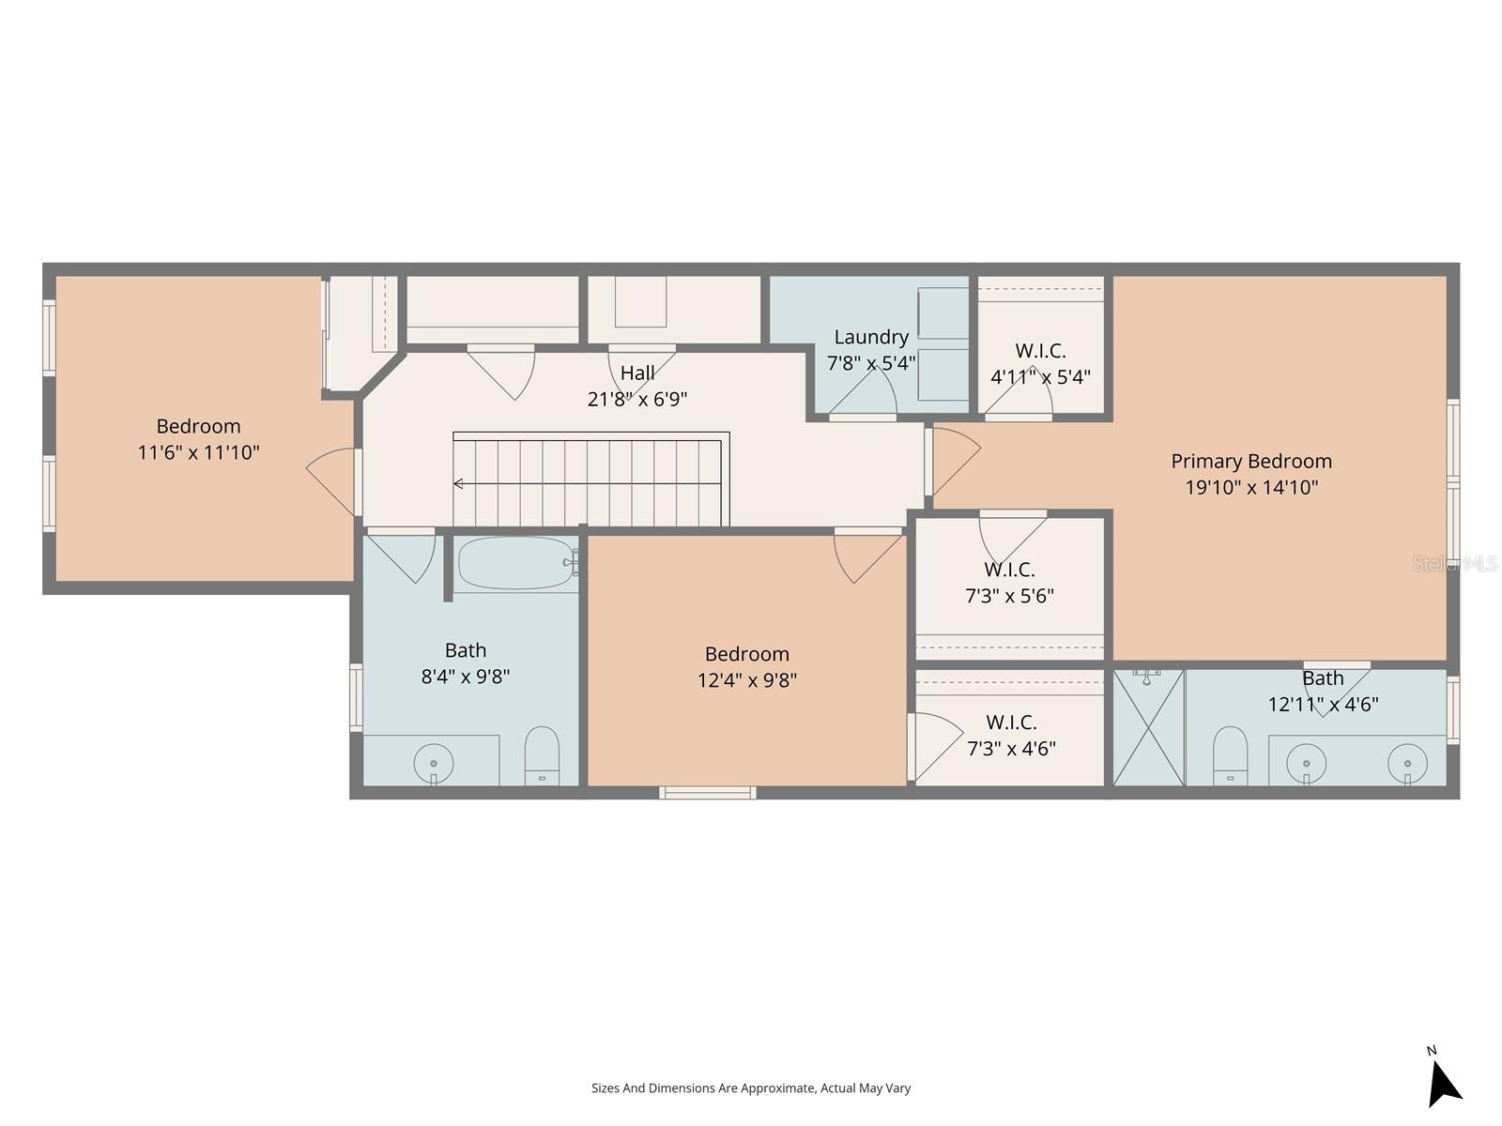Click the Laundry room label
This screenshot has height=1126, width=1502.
click(871, 337)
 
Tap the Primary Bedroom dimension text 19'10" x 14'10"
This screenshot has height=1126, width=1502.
click(1251, 487)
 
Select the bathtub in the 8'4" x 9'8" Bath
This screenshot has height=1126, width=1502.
click(515, 563)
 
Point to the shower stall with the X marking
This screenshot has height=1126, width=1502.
click(1148, 727)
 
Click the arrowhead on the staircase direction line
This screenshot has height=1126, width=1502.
click(458, 484)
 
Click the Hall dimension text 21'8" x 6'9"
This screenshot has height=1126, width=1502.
click(637, 400)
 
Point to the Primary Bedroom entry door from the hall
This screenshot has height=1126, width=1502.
click(953, 460)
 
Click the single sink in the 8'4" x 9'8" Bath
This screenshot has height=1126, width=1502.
click(433, 763)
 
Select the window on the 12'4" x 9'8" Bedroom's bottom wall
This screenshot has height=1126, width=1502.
click(708, 793)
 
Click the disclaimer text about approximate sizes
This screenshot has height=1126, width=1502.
click(750, 1088)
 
